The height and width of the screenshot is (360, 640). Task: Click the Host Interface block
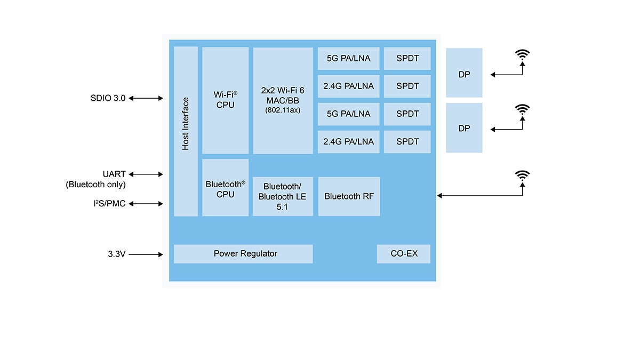point(186,131)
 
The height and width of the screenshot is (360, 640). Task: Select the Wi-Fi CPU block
point(225,100)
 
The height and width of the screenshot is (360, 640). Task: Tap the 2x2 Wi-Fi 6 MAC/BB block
point(283,100)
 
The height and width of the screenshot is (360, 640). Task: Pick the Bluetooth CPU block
point(225,188)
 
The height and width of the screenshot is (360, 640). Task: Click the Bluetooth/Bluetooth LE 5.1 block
point(283,196)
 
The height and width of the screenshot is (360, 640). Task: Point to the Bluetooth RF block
point(349,196)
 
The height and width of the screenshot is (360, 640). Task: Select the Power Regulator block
point(243,254)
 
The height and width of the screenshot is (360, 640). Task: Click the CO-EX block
point(404,254)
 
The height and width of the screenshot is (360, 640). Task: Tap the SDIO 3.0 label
point(108,98)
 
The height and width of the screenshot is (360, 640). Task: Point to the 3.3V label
point(116,254)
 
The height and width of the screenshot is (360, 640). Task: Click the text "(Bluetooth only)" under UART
point(96,185)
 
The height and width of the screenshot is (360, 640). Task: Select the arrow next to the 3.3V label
point(146,254)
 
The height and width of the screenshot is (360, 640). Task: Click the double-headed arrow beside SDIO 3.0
point(146,98)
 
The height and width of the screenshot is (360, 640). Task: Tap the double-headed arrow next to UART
point(146,174)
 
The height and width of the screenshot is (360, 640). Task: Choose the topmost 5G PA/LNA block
point(349,59)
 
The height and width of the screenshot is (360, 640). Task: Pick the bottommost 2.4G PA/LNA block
point(349,142)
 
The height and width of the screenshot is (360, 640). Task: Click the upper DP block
point(464,73)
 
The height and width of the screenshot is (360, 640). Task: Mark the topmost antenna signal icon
point(523,55)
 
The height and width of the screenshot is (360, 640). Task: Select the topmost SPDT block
point(407,59)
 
